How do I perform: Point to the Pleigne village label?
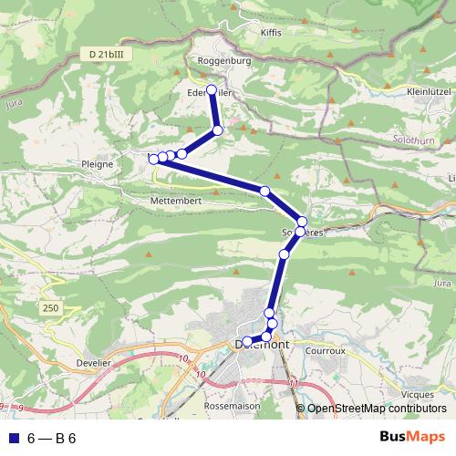(x=98, y=164)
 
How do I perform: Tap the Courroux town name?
(x=326, y=350)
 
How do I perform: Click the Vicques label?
(x=417, y=394)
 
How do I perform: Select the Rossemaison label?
(x=233, y=406)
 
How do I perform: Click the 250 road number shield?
(x=49, y=310)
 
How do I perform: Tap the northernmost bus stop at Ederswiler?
(x=212, y=90)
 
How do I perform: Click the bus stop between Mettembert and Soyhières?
(x=264, y=191)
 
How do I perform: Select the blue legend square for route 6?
(x=11, y=438)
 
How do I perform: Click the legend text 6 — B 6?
(x=51, y=438)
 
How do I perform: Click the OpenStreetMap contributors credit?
(x=376, y=409)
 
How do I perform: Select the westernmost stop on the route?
(x=153, y=159)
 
